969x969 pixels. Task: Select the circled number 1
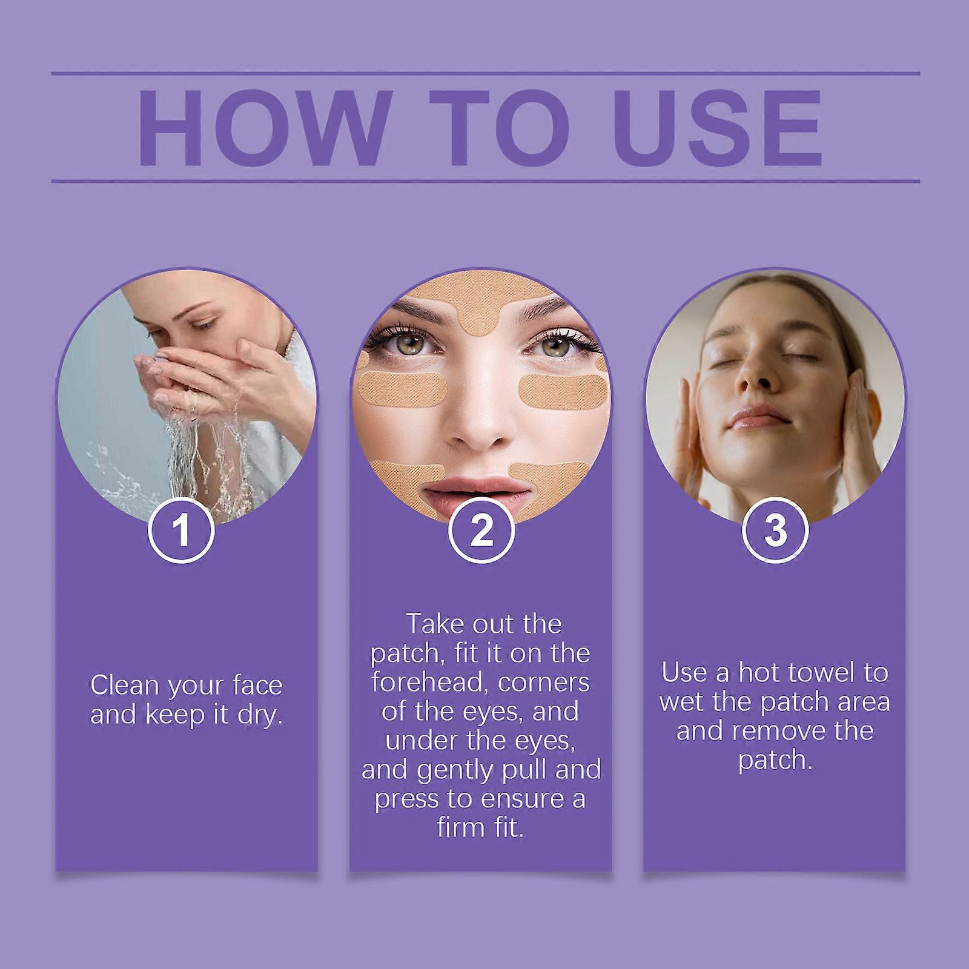click(182, 530)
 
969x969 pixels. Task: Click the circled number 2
click(481, 530)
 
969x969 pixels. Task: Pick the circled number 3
click(775, 530)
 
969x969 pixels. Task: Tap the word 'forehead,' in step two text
click(425, 683)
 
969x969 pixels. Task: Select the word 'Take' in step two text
click(430, 624)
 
